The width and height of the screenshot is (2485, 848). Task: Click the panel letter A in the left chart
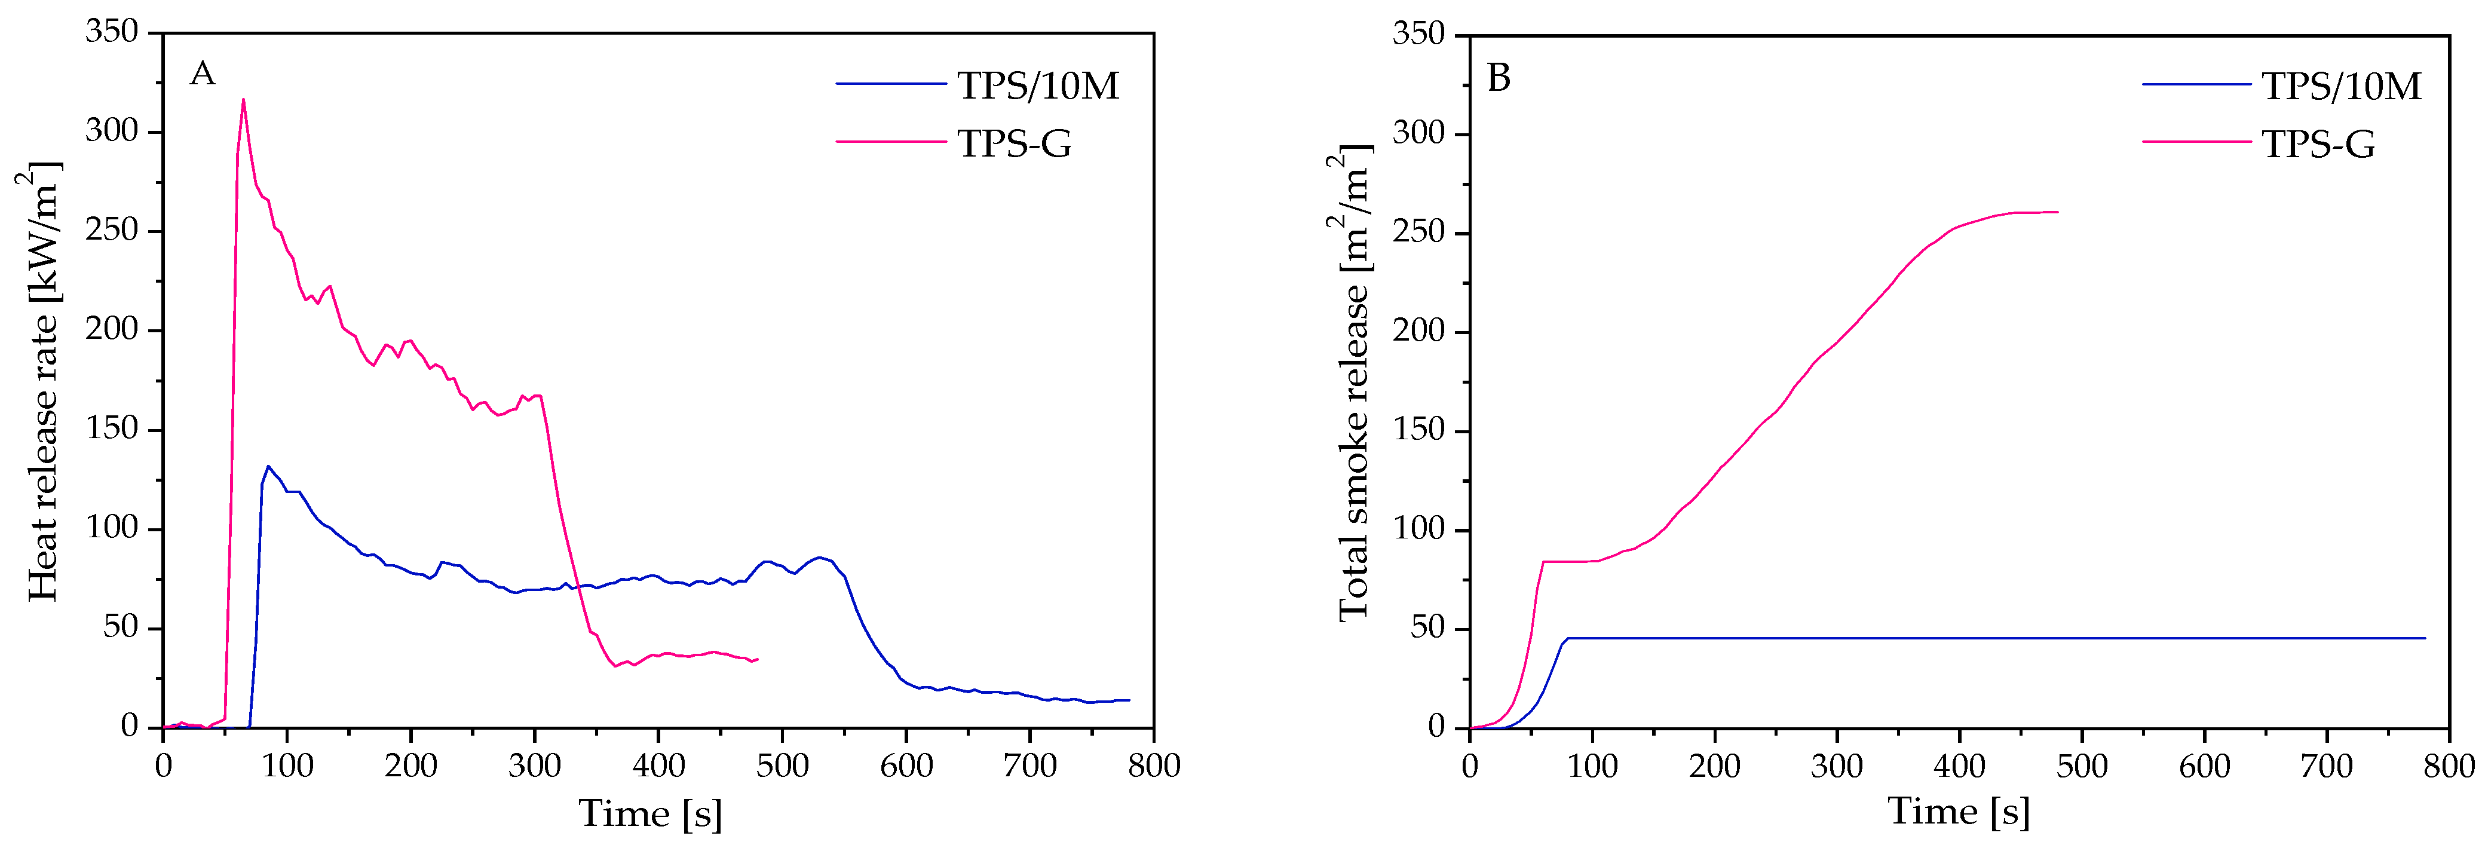203,74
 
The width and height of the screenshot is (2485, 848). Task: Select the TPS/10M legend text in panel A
1037,86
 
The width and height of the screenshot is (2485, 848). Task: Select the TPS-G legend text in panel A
1014,144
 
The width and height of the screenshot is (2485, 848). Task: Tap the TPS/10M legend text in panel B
2341,87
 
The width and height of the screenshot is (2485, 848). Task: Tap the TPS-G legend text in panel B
2318,145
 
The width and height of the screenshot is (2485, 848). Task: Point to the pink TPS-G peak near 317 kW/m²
243,99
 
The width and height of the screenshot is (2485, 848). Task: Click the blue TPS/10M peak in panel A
268,467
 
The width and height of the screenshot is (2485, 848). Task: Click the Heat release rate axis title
41,381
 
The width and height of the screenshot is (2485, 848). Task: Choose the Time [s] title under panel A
650,813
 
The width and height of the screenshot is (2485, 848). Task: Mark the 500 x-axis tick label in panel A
782,766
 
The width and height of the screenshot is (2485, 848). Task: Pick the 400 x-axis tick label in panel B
1959,766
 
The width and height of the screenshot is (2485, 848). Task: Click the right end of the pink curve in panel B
2058,212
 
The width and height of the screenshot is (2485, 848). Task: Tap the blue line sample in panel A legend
890,84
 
